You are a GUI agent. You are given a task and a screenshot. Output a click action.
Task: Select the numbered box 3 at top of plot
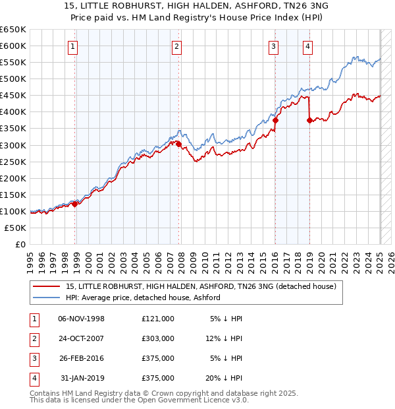[273, 46]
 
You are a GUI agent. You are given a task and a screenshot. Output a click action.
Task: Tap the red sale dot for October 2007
[178, 143]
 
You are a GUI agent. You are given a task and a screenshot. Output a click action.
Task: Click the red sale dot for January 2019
[309, 120]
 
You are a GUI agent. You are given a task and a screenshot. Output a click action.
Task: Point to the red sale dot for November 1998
[74, 204]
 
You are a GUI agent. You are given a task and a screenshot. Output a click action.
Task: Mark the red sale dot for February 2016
[275, 120]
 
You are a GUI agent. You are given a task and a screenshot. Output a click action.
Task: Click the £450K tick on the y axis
[13, 95]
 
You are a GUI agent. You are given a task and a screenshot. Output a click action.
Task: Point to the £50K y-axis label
[15, 228]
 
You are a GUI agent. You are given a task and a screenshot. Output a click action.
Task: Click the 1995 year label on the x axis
[30, 260]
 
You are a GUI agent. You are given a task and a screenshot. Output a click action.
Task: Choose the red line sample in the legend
[47, 286]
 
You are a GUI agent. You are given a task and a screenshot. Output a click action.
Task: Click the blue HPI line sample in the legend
[47, 298]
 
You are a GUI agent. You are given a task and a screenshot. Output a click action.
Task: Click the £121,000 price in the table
[158, 319]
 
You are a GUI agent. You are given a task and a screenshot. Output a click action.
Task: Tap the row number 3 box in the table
[32, 358]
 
